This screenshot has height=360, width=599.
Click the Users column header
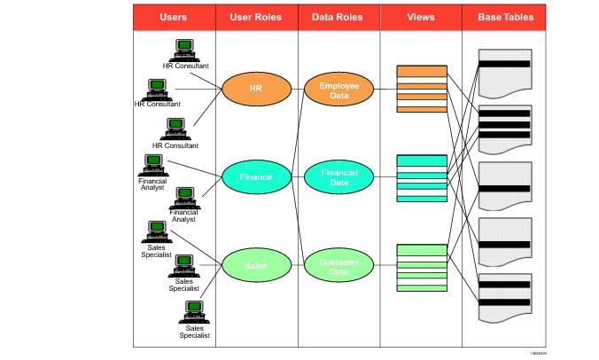pos(174,18)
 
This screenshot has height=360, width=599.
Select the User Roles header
pos(256,18)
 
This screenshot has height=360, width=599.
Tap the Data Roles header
pos(338,18)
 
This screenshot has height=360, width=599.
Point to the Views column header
pos(420,18)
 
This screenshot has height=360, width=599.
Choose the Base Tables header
pos(505,18)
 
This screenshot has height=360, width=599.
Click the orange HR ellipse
pos(256,89)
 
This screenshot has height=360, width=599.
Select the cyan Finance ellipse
pos(256,176)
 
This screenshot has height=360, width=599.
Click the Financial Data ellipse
pos(338,176)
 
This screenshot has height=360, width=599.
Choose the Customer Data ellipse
pos(338,265)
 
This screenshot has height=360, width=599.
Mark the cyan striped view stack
pos(421,178)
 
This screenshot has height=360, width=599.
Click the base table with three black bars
pos(504,124)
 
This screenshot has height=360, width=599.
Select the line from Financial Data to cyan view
pos(385,177)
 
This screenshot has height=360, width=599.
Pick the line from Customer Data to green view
pos(385,266)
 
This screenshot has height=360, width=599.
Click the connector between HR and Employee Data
pos(298,88)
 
